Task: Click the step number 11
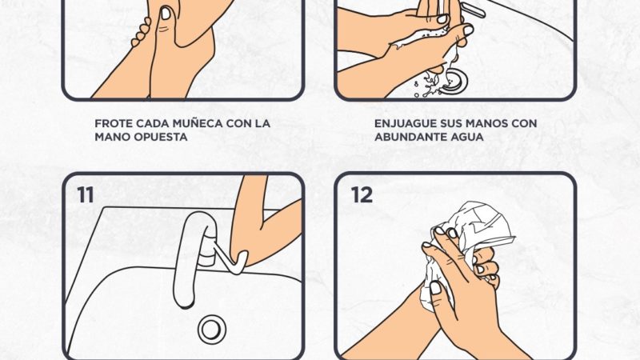coord(86,194)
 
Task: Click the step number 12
coord(362,194)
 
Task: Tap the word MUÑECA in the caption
coord(197,123)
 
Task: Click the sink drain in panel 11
coord(212,329)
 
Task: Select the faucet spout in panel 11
coord(194,260)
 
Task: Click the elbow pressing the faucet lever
coord(238,258)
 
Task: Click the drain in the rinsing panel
coord(454,78)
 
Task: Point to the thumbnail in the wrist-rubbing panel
coord(166,14)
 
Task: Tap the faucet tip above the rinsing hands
coord(474,11)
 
